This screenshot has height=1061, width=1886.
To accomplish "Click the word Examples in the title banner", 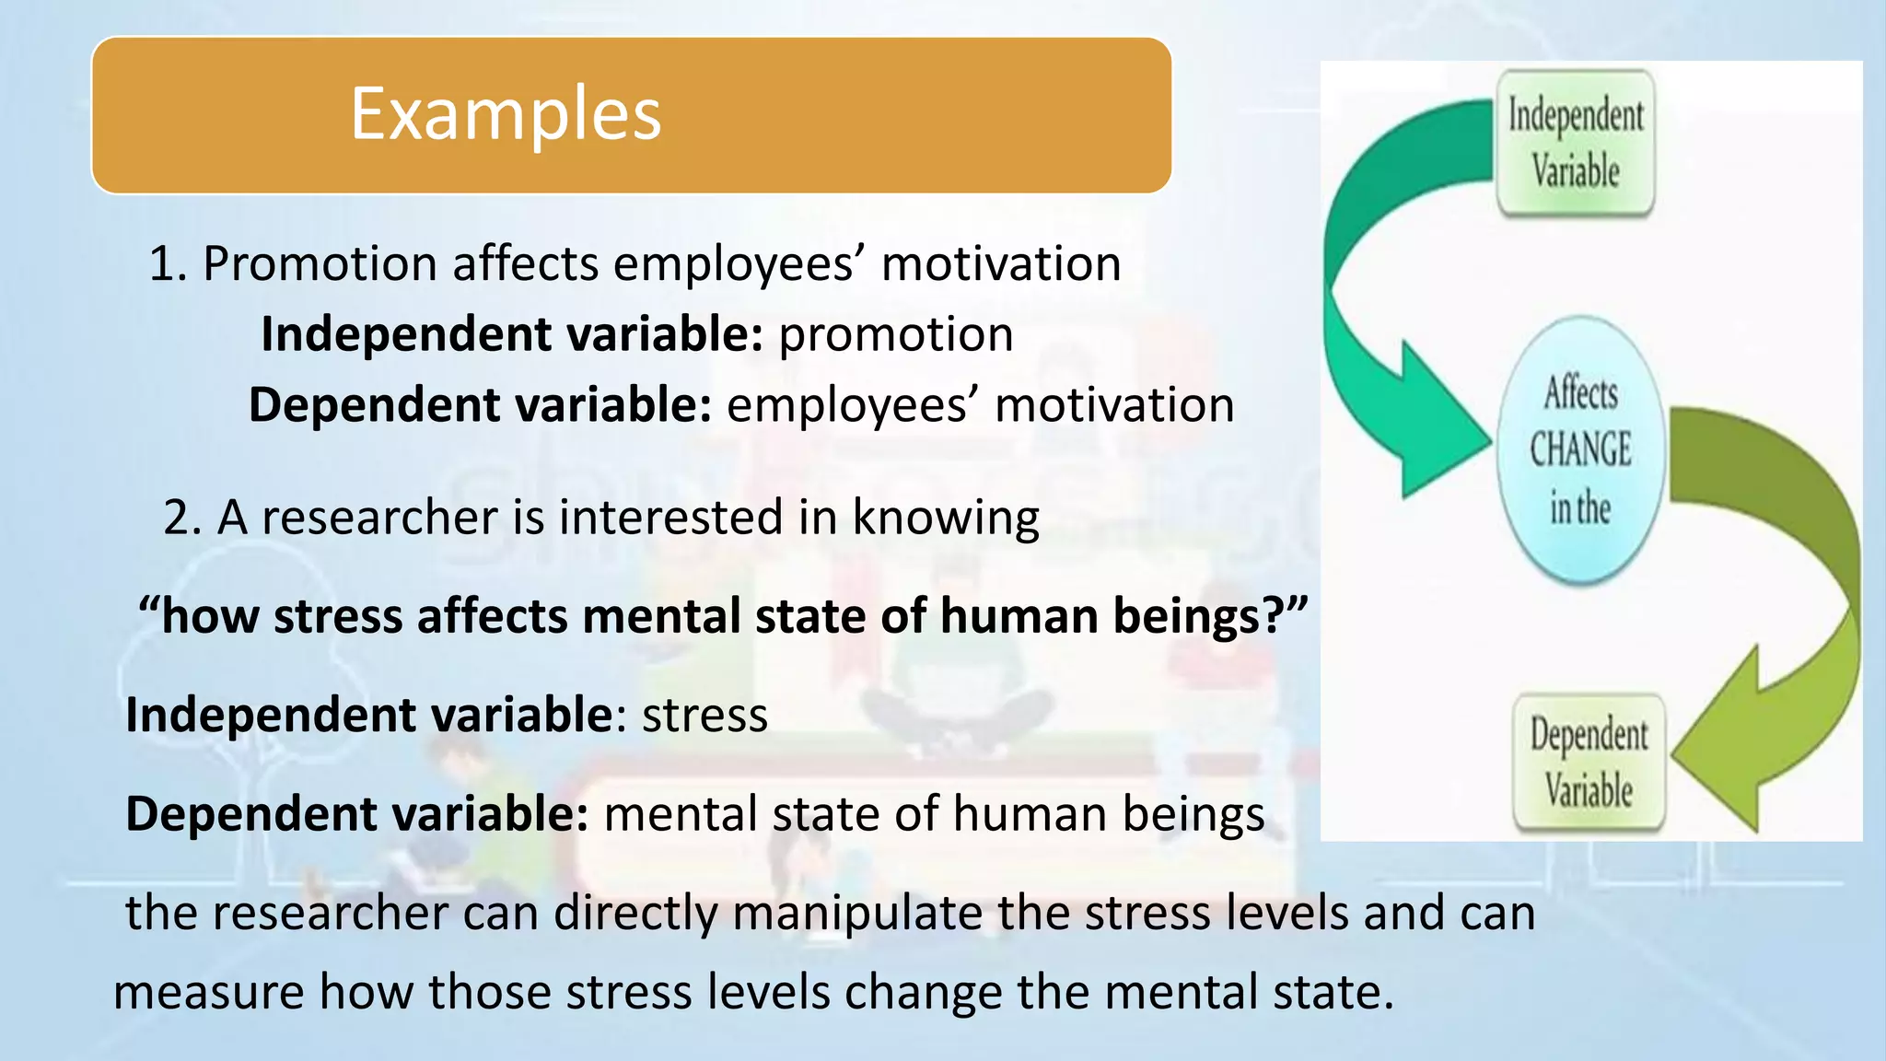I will pos(506,114).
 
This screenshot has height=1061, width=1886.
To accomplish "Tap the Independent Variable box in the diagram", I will pos(1575,144).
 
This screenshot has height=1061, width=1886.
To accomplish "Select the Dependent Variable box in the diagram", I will pos(1589,763).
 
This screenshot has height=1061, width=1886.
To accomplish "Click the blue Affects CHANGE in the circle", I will pos(1580,450).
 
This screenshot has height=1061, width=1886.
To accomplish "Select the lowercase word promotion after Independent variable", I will pos(895,334).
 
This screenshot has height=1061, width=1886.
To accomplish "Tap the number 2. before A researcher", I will pos(182,518).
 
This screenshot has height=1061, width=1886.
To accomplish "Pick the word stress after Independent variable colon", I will pos(704,716).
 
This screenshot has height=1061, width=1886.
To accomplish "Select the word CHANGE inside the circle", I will pos(1580,450).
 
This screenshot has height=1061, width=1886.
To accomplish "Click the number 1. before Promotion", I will pos(168,264).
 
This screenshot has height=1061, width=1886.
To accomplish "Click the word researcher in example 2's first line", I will pos(379,518).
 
